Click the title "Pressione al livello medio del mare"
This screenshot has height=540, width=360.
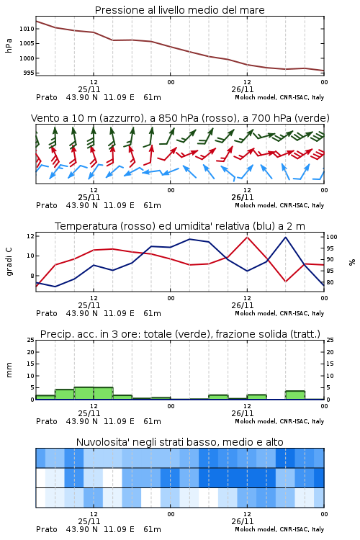click(179, 10)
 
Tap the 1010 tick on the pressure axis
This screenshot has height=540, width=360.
click(27, 29)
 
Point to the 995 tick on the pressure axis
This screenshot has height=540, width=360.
click(29, 73)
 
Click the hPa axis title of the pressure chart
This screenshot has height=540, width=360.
click(9, 45)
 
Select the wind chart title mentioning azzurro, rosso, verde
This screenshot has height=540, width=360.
click(180, 118)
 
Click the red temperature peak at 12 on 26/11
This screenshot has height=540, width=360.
click(247, 237)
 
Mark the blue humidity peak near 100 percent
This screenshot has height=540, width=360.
click(286, 238)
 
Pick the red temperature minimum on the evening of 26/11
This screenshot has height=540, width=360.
click(286, 282)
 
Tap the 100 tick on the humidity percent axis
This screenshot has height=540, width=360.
click(332, 237)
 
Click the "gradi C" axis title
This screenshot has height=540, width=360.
click(9, 261)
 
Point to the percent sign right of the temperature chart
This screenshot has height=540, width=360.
click(352, 262)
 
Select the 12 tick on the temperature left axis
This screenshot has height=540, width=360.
click(30, 236)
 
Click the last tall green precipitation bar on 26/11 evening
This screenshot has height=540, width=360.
click(295, 395)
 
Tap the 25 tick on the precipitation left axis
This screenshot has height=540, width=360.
click(31, 340)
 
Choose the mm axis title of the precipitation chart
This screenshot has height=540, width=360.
click(9, 370)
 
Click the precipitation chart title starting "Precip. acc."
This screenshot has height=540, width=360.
click(180, 334)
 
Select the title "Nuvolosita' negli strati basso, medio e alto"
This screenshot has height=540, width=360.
click(179, 442)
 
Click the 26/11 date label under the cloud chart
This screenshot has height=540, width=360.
click(243, 521)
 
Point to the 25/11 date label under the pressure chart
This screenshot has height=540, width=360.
click(89, 89)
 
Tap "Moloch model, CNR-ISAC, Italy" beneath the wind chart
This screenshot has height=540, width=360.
click(279, 205)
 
